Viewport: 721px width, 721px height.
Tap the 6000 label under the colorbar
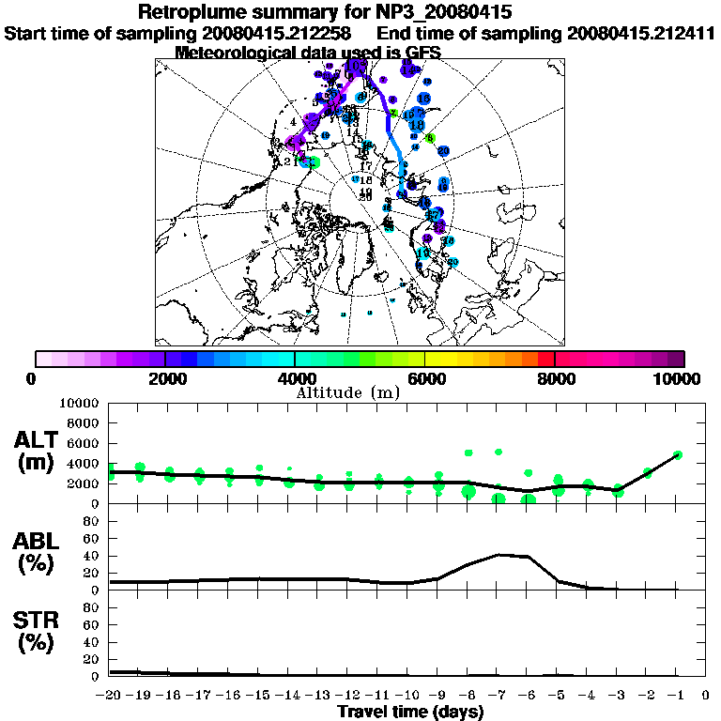tap(424, 378)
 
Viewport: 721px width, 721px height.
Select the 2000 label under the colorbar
tap(165, 378)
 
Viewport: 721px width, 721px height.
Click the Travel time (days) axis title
tap(410, 712)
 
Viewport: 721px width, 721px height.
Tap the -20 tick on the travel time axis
tap(110, 696)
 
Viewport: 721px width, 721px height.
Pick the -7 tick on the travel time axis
tap(498, 696)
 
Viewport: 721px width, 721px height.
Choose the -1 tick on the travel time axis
tap(676, 696)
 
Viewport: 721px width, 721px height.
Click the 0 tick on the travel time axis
tap(706, 696)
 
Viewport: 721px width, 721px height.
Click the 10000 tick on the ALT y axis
tap(80, 403)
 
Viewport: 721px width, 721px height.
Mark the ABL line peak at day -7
tap(499, 554)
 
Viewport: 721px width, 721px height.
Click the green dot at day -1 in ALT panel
tap(677, 454)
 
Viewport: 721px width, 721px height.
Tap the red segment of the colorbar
tap(545, 359)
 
